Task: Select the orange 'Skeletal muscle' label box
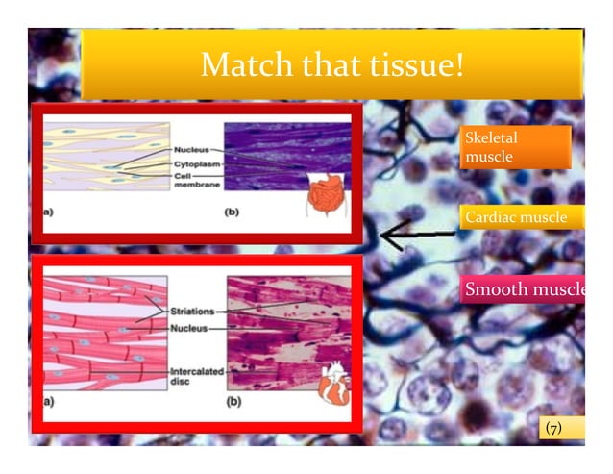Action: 515,147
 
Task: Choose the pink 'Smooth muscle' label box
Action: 525,289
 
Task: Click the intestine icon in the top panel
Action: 326,192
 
